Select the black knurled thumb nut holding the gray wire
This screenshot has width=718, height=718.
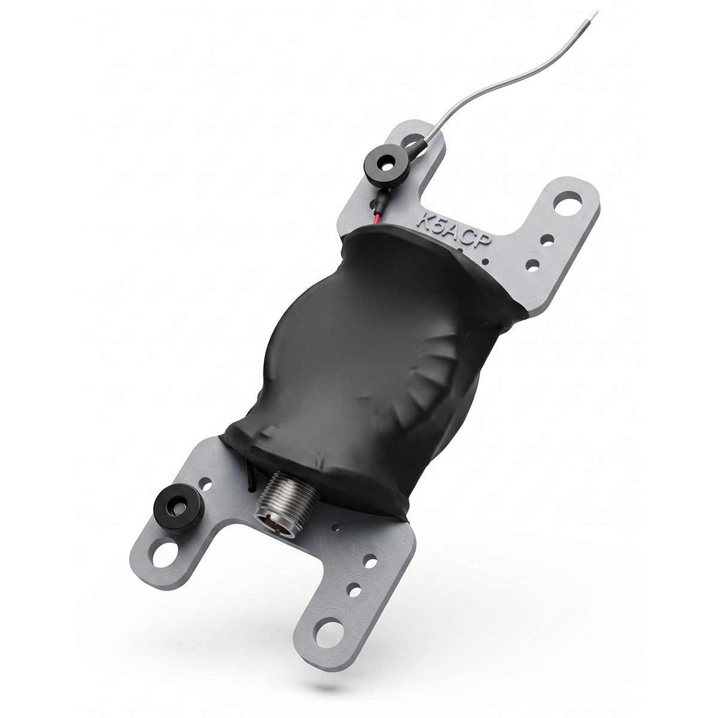(387, 165)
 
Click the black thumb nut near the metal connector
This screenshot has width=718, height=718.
(178, 507)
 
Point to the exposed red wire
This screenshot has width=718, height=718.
(377, 217)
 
